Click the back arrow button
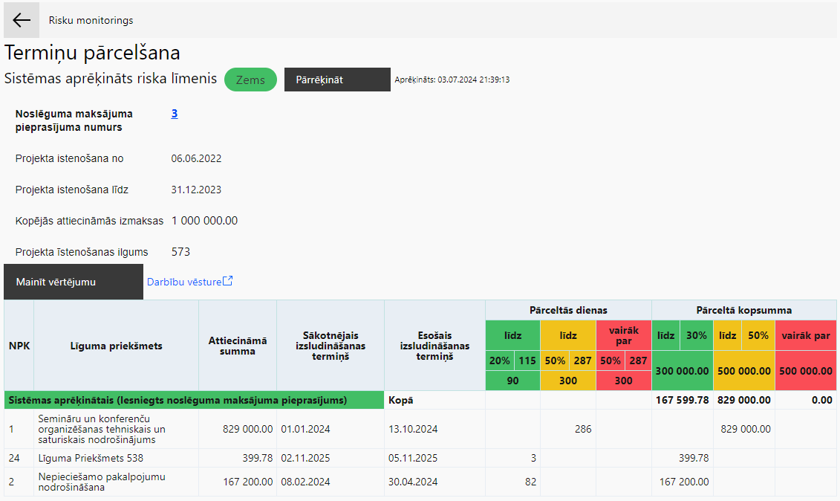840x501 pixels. [22, 20]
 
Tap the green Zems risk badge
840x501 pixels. [250, 80]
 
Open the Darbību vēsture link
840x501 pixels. [189, 282]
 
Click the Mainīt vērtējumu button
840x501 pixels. [74, 282]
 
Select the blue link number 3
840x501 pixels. [175, 114]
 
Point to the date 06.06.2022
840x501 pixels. [196, 158]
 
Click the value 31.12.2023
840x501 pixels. [196, 190]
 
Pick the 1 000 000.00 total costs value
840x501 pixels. [205, 221]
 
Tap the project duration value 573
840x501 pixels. [180, 251]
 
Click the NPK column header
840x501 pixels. [19, 346]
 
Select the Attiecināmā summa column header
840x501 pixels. [238, 346]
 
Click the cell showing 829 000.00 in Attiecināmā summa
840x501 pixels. [247, 429]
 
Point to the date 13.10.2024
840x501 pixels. [413, 429]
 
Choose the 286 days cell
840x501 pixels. [583, 429]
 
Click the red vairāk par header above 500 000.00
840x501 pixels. [806, 336]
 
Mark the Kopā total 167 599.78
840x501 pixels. [683, 400]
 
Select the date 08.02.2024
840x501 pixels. [305, 482]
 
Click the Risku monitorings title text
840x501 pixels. [91, 20]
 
